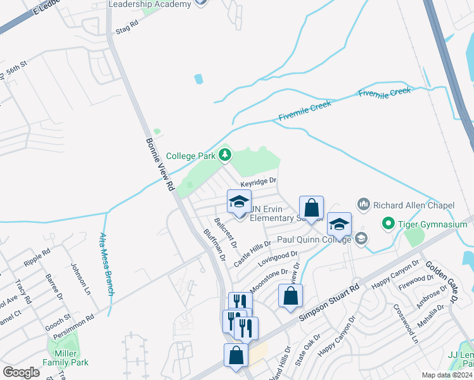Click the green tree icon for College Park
pyautogui.click(x=224, y=155)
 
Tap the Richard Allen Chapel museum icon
pyautogui.click(x=364, y=205)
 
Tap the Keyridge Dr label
pyautogui.click(x=259, y=181)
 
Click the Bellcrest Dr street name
pyautogui.click(x=226, y=232)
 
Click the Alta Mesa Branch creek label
pyautogui.click(x=106, y=255)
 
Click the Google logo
pyautogui.click(x=22, y=372)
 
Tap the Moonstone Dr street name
pyautogui.click(x=269, y=280)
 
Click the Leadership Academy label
pyautogui.click(x=150, y=4)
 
